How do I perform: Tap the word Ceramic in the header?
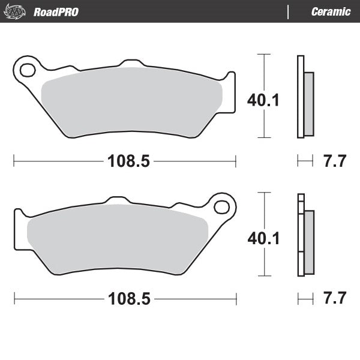331,12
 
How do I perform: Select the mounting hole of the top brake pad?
28,70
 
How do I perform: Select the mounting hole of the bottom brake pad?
221,208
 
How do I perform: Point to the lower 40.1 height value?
263,239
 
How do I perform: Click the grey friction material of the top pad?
132,99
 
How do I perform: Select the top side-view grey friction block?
308,103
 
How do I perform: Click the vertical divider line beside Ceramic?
289,12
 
